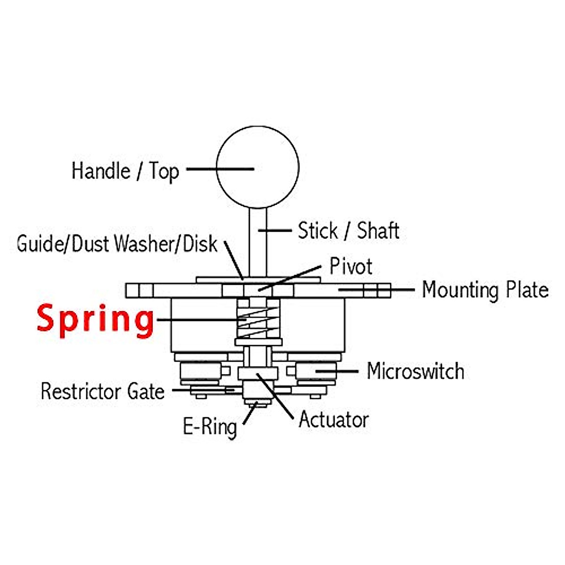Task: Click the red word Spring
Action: tap(95, 321)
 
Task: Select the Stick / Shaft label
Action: tap(348, 230)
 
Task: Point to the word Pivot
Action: tap(351, 266)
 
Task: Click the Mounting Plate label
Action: tap(485, 290)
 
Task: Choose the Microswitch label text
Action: tap(416, 371)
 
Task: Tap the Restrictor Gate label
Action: tap(103, 391)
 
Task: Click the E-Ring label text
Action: tap(210, 427)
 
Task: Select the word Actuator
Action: tap(334, 420)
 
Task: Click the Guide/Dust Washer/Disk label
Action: tap(117, 243)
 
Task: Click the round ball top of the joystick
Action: tap(258, 167)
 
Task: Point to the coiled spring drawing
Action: tap(258, 322)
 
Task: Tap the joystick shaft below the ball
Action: tap(258, 242)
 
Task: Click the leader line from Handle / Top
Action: tap(220, 169)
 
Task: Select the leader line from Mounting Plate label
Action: tap(377, 290)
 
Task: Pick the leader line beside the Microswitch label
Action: tap(337, 371)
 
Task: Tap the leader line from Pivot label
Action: tap(290, 279)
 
